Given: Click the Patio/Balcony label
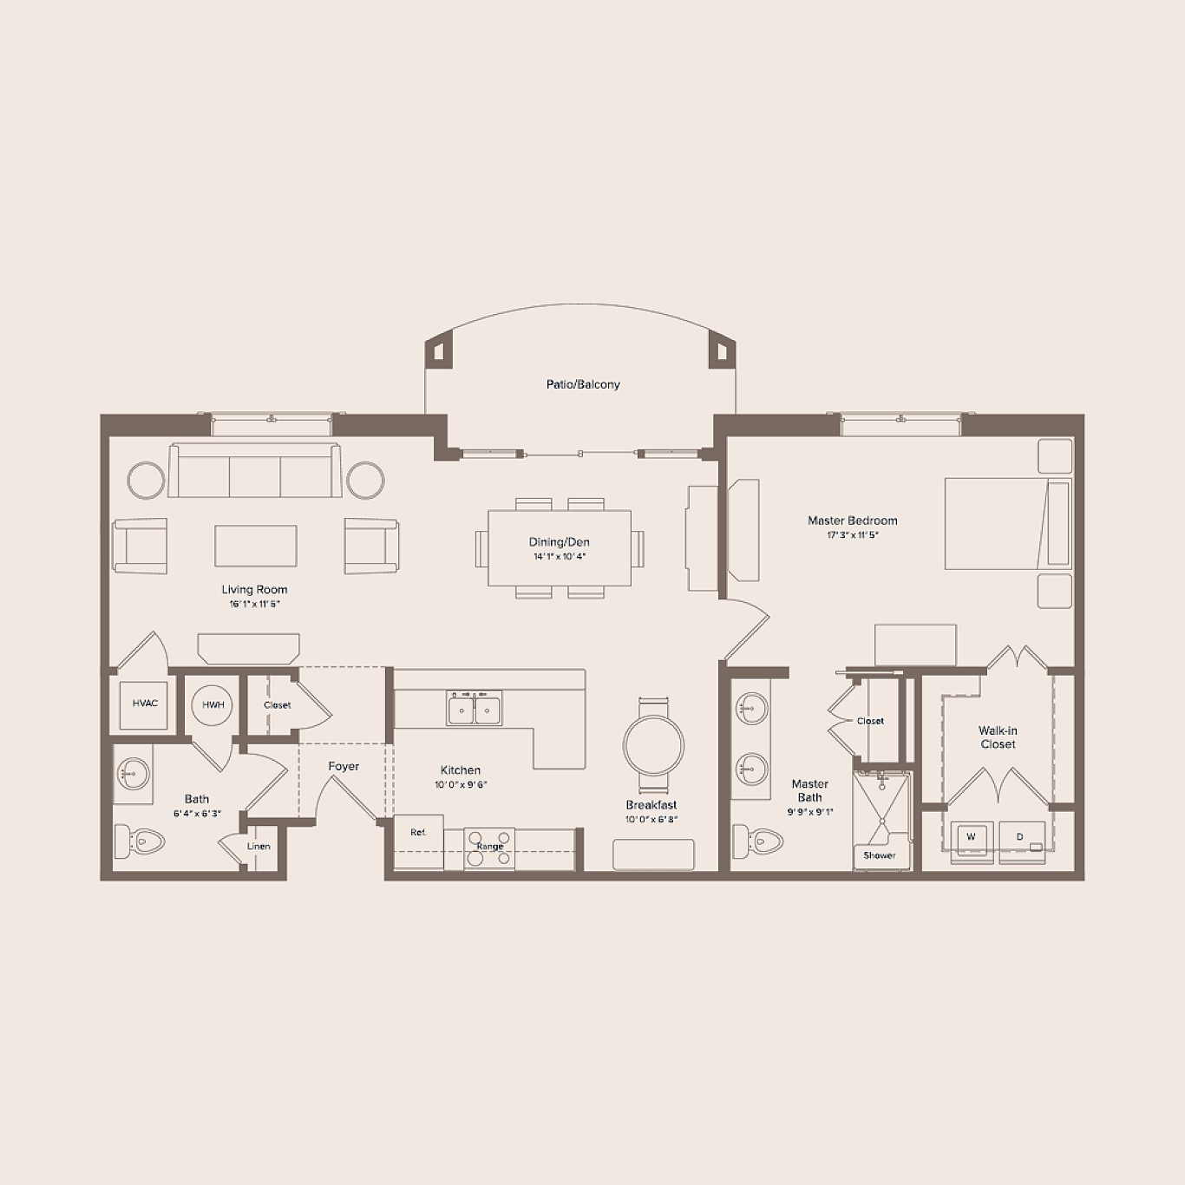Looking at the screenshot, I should pyautogui.click(x=583, y=384).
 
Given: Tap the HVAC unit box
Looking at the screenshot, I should pyautogui.click(x=145, y=704).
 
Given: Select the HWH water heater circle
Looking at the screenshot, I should pyautogui.click(x=213, y=705).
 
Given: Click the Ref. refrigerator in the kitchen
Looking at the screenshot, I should pyautogui.click(x=419, y=834).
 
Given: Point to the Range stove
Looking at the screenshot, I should pyautogui.click(x=489, y=847).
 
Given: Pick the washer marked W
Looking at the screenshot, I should pyautogui.click(x=971, y=838).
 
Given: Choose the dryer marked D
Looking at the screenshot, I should pyautogui.click(x=1021, y=838).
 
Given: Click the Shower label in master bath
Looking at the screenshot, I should pyautogui.click(x=879, y=855).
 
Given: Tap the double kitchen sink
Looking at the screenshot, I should pyautogui.click(x=474, y=709).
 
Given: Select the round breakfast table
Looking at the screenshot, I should pyautogui.click(x=653, y=745).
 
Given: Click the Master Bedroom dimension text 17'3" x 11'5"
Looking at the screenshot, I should pyautogui.click(x=852, y=535).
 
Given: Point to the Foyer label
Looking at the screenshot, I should pyautogui.click(x=344, y=766).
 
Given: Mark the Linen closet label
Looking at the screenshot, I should pyautogui.click(x=259, y=847).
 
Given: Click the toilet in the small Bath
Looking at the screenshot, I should pyautogui.click(x=141, y=839).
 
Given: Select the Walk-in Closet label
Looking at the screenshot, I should pyautogui.click(x=998, y=737).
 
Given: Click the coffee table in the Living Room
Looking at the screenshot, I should pyautogui.click(x=256, y=546).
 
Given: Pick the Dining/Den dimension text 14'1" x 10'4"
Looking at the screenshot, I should pyautogui.click(x=560, y=557).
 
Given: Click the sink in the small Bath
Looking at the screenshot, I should pyautogui.click(x=133, y=770).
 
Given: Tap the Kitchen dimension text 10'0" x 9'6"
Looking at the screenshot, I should pyautogui.click(x=461, y=785).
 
